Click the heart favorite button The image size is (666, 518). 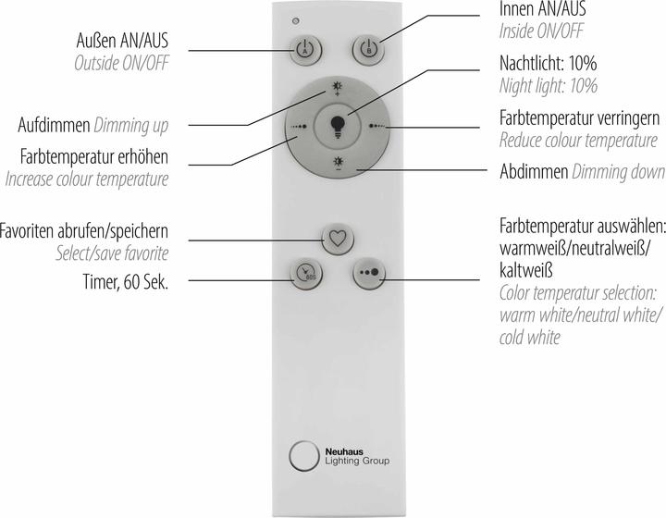(336, 237)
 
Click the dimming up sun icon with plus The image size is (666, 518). (337, 90)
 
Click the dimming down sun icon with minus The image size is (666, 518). (337, 164)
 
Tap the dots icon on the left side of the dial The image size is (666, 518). (298, 127)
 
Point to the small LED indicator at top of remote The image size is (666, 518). (295, 20)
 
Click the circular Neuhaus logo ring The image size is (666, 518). (303, 457)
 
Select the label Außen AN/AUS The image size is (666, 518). (125, 43)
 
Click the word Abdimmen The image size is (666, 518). (533, 172)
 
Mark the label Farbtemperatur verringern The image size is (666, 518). (578, 118)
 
